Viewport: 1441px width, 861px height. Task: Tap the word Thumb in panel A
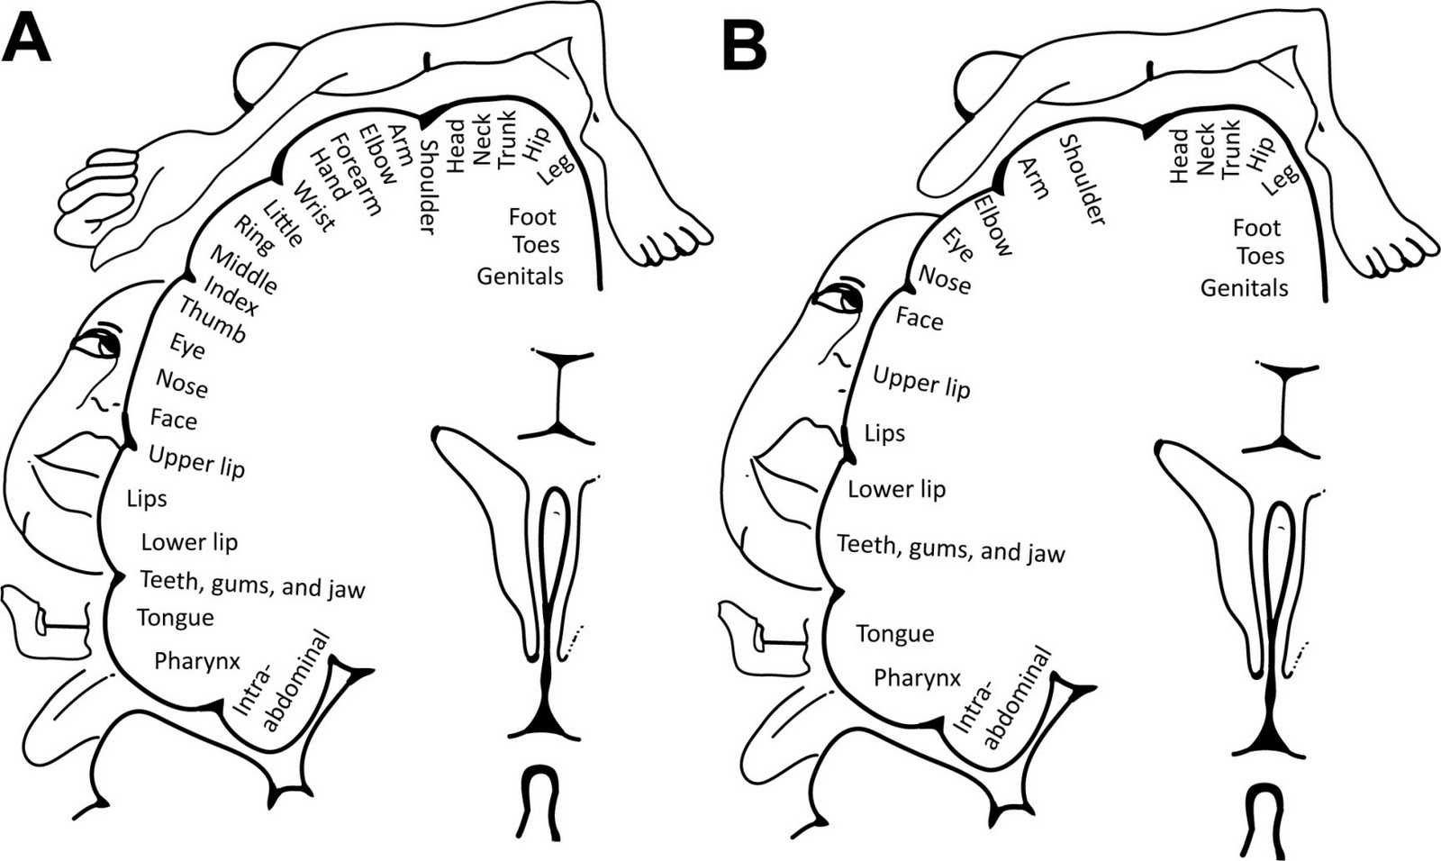[212, 320]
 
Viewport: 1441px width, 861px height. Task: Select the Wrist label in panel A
[314, 206]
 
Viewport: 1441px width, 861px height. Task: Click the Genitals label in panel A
[520, 276]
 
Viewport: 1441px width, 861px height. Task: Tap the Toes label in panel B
[1259, 256]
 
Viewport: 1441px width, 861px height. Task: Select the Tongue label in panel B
[894, 634]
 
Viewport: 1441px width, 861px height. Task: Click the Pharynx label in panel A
[197, 661]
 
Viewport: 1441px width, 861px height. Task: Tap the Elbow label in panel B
[994, 224]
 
